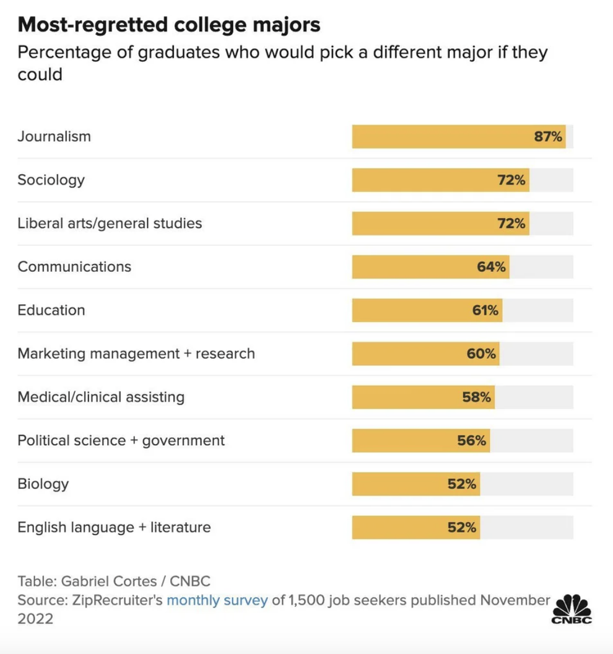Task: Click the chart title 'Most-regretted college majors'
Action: pos(169,25)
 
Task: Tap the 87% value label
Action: pos(548,136)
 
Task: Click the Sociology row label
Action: pos(51,180)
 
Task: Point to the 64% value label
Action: pos(491,267)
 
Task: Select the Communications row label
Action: pos(74,266)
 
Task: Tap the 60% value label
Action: pos(481,354)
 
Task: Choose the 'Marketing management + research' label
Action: pos(136,354)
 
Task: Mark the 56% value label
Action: pos(472,440)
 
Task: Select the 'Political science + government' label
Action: pos(121,440)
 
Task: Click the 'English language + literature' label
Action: pos(114,527)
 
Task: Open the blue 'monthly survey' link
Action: pos(217,600)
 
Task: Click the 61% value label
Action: pos(485,310)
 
